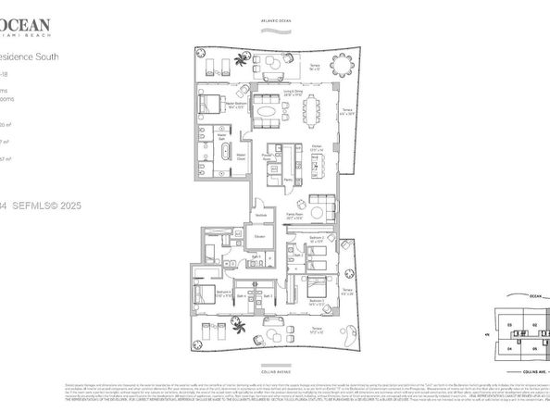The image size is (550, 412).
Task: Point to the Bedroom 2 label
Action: click(315, 239)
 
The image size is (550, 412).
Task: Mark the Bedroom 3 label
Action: click(315, 300)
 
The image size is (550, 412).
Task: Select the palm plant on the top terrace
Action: click(243, 62)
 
